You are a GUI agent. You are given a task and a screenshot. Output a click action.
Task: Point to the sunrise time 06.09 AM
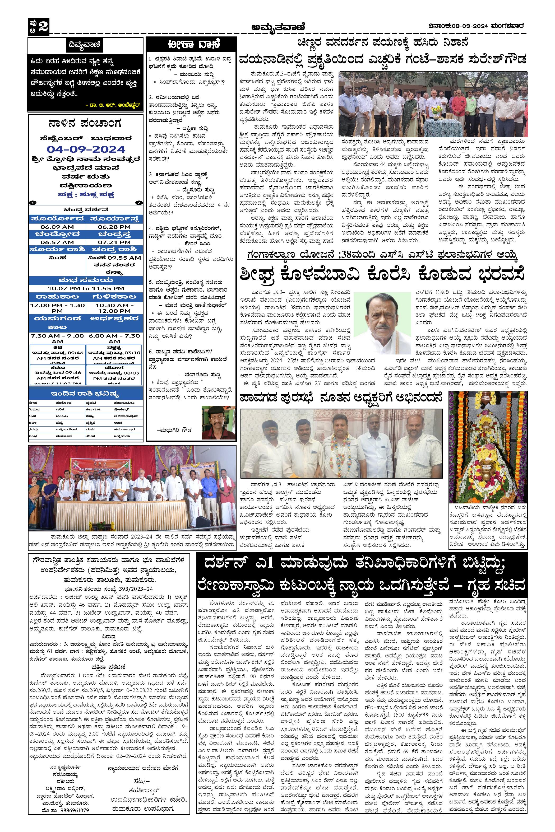pyautogui.click(x=57, y=227)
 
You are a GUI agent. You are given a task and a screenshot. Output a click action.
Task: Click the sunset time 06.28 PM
pyautogui.click(x=114, y=227)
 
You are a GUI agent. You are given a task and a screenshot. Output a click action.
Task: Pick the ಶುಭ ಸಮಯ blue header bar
pyautogui.click(x=86, y=281)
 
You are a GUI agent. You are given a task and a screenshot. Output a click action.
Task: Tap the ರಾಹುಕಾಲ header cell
pyautogui.click(x=57, y=296)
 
